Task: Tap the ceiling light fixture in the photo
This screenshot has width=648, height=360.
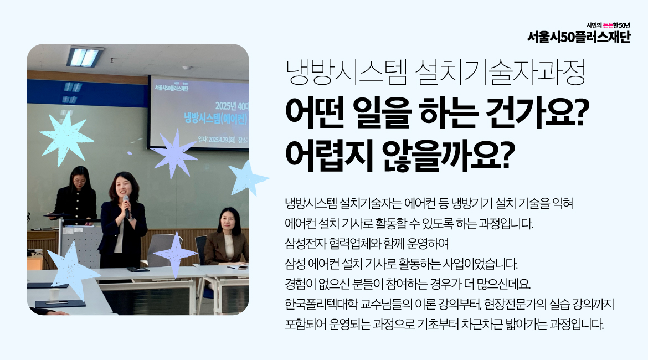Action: (x=85, y=56)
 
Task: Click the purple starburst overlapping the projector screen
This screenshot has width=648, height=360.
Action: (x=174, y=153)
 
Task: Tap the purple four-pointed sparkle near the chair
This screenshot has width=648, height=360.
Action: (x=175, y=254)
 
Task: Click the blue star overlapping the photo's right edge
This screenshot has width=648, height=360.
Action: (x=246, y=178)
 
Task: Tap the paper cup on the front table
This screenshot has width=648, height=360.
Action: (x=55, y=294)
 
